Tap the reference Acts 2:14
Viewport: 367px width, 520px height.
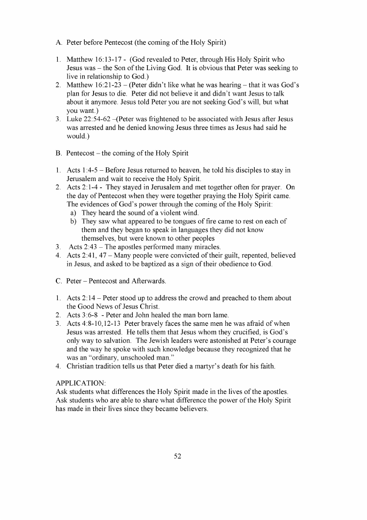tap(80, 298)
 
